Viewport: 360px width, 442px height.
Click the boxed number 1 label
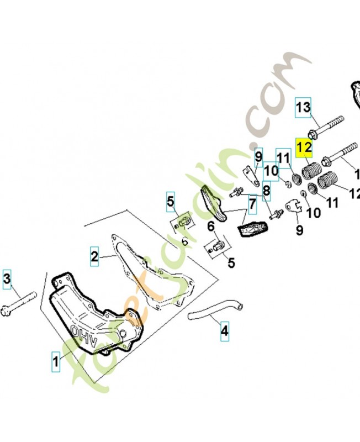click(x=55, y=362)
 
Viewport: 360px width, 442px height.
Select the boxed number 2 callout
click(x=95, y=256)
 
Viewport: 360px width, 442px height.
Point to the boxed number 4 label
click(x=224, y=331)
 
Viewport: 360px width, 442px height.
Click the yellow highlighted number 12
click(x=304, y=148)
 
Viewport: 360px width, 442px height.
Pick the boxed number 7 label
click(x=252, y=206)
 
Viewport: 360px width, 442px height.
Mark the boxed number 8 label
click(x=267, y=191)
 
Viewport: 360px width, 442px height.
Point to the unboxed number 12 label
click(x=354, y=194)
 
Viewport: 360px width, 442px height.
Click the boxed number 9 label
click(x=258, y=157)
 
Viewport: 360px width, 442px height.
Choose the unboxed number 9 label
click(x=299, y=230)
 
